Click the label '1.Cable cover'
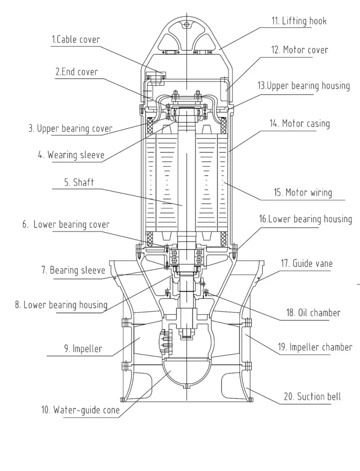[75, 40]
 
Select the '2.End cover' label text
[76, 72]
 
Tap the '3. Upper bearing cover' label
[70, 129]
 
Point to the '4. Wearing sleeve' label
[71, 155]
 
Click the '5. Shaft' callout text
[79, 183]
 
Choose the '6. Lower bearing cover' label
[66, 224]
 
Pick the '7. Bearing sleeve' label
[74, 270]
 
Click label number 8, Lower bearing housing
[61, 304]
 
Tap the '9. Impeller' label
[83, 349]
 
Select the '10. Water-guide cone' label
[80, 409]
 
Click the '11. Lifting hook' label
[298, 21]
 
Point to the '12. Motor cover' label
[300, 50]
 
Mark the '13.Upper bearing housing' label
[303, 86]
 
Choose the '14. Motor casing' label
[300, 123]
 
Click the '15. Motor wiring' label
[302, 192]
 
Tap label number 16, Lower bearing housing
[305, 218]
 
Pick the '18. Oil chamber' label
[313, 313]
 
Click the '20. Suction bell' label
[312, 396]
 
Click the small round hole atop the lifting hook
[186, 24]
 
